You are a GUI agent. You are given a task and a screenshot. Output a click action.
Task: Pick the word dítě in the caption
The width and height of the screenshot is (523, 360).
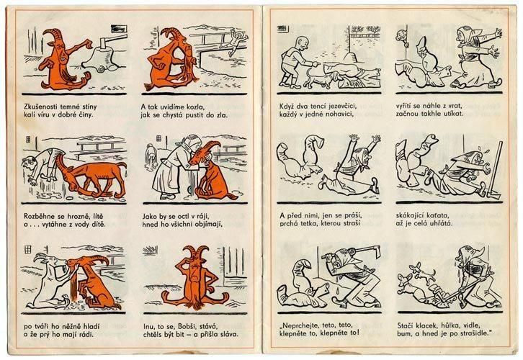(97, 225)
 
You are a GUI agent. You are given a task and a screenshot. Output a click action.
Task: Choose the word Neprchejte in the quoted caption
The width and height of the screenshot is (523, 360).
(298, 325)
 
